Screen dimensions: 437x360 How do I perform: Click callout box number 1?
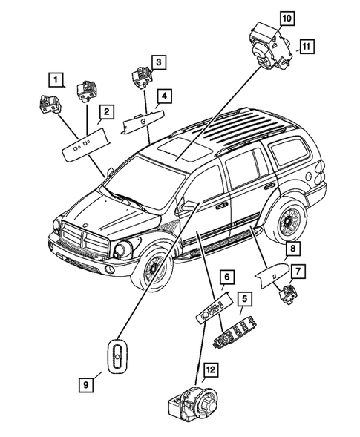pyautogui.click(x=56, y=77)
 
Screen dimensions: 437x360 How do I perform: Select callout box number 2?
pyautogui.click(x=107, y=112)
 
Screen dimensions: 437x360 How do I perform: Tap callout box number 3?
pyautogui.click(x=159, y=61)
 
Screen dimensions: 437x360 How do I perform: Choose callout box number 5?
pyautogui.click(x=243, y=300)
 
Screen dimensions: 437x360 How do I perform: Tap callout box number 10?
pyautogui.click(x=286, y=16)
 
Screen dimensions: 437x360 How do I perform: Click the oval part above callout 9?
pyautogui.click(x=117, y=357)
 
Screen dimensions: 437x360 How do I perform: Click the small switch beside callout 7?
pyautogui.click(x=287, y=295)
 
